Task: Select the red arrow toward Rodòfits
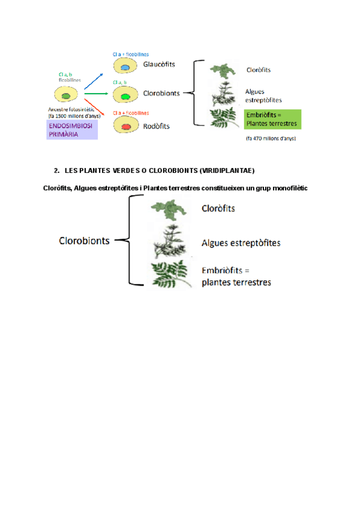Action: pos(96,109)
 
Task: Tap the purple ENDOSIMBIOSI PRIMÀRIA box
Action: pos(72,130)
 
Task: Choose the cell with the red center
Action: pos(126,125)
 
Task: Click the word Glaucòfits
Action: pos(159,65)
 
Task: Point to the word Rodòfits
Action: pos(157,126)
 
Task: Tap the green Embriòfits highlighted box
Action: pos(272,119)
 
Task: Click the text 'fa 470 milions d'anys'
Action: pos(271,139)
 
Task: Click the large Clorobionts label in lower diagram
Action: pos(84,241)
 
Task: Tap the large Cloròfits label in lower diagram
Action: pos(218,209)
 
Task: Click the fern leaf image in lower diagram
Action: pos(171,274)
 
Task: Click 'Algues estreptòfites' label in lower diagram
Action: pos(241,243)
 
